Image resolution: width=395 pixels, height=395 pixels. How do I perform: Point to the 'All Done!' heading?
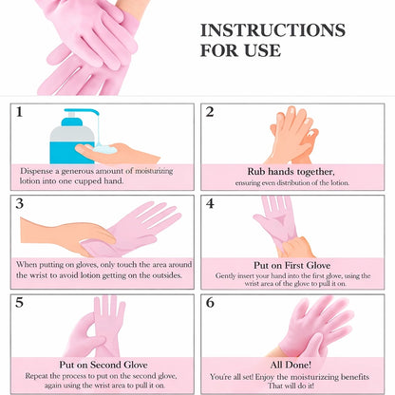(292, 365)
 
